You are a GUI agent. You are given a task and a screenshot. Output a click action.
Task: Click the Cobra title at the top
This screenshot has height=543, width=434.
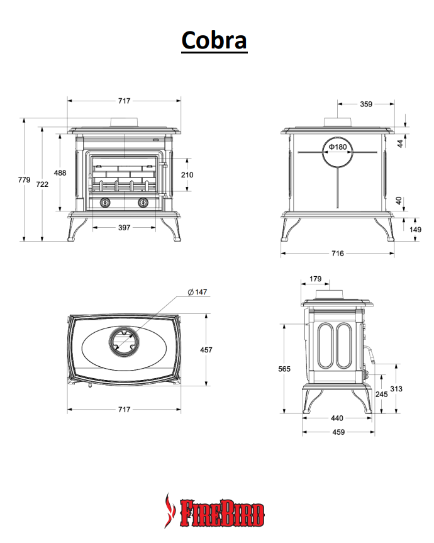(x=214, y=40)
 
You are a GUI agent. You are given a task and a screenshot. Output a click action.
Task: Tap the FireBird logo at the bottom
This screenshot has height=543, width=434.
(x=214, y=511)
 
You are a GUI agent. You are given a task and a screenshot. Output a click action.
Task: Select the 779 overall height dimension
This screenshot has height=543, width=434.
(x=25, y=180)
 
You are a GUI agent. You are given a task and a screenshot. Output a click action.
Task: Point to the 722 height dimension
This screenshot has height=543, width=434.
(x=42, y=184)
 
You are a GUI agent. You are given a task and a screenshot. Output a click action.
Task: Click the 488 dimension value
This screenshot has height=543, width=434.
(x=60, y=173)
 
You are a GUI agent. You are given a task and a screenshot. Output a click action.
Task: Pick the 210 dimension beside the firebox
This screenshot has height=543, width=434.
(x=187, y=175)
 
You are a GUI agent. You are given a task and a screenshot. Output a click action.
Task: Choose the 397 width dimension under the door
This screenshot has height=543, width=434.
(x=125, y=228)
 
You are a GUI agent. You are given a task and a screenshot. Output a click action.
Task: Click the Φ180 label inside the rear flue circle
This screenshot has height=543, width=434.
(x=338, y=147)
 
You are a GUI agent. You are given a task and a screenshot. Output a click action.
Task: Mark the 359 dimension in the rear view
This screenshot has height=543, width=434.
(x=366, y=104)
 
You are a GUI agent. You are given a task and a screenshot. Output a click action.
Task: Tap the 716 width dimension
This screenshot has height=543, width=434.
(x=337, y=254)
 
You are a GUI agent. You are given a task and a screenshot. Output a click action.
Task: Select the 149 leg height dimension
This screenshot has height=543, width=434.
(x=415, y=230)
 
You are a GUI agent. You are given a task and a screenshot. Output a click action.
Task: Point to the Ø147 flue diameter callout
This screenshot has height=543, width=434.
(x=198, y=292)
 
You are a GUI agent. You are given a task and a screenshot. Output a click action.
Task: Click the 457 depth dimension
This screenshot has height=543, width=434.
(x=206, y=350)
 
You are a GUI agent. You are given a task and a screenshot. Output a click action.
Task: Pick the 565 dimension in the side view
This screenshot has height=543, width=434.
(x=284, y=369)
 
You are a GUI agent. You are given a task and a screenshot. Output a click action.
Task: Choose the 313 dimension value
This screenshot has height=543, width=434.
(x=396, y=389)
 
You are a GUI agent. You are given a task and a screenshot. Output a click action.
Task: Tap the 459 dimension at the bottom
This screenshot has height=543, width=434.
(x=338, y=432)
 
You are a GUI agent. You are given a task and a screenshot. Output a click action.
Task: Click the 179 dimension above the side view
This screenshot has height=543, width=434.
(x=315, y=279)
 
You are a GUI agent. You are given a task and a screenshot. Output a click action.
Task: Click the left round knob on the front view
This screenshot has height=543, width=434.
(x=105, y=203)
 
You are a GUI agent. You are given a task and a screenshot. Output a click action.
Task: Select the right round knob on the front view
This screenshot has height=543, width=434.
(x=143, y=203)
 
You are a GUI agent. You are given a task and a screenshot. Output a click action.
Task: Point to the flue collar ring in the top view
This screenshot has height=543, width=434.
(x=109, y=342)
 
